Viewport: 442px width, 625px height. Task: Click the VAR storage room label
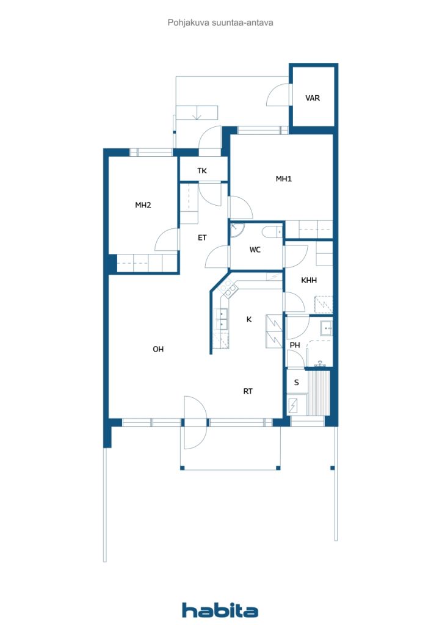tap(313, 98)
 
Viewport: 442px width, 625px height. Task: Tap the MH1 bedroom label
tap(284, 179)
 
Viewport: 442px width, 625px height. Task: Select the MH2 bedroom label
tap(143, 205)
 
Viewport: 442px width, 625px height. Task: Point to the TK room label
tap(202, 171)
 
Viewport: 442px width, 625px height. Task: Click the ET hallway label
tap(202, 237)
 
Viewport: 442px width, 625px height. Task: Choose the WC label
tap(255, 250)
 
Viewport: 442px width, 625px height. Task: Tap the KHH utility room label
tap(309, 280)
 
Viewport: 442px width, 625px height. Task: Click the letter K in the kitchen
tap(249, 319)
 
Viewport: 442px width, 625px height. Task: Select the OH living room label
tap(158, 349)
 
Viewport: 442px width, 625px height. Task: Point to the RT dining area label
tap(248, 391)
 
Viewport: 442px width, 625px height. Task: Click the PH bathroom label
tap(295, 345)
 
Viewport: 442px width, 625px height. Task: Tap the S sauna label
tap(296, 383)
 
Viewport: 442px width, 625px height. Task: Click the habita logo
tap(220, 610)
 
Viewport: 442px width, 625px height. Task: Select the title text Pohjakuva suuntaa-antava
tap(220, 23)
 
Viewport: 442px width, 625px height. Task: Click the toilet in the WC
tap(272, 231)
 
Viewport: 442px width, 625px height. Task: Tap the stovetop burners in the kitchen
tap(228, 289)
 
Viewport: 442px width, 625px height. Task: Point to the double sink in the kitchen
tap(222, 319)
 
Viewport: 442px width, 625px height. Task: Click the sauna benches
tap(318, 393)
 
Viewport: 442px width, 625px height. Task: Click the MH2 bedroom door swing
tap(166, 240)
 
